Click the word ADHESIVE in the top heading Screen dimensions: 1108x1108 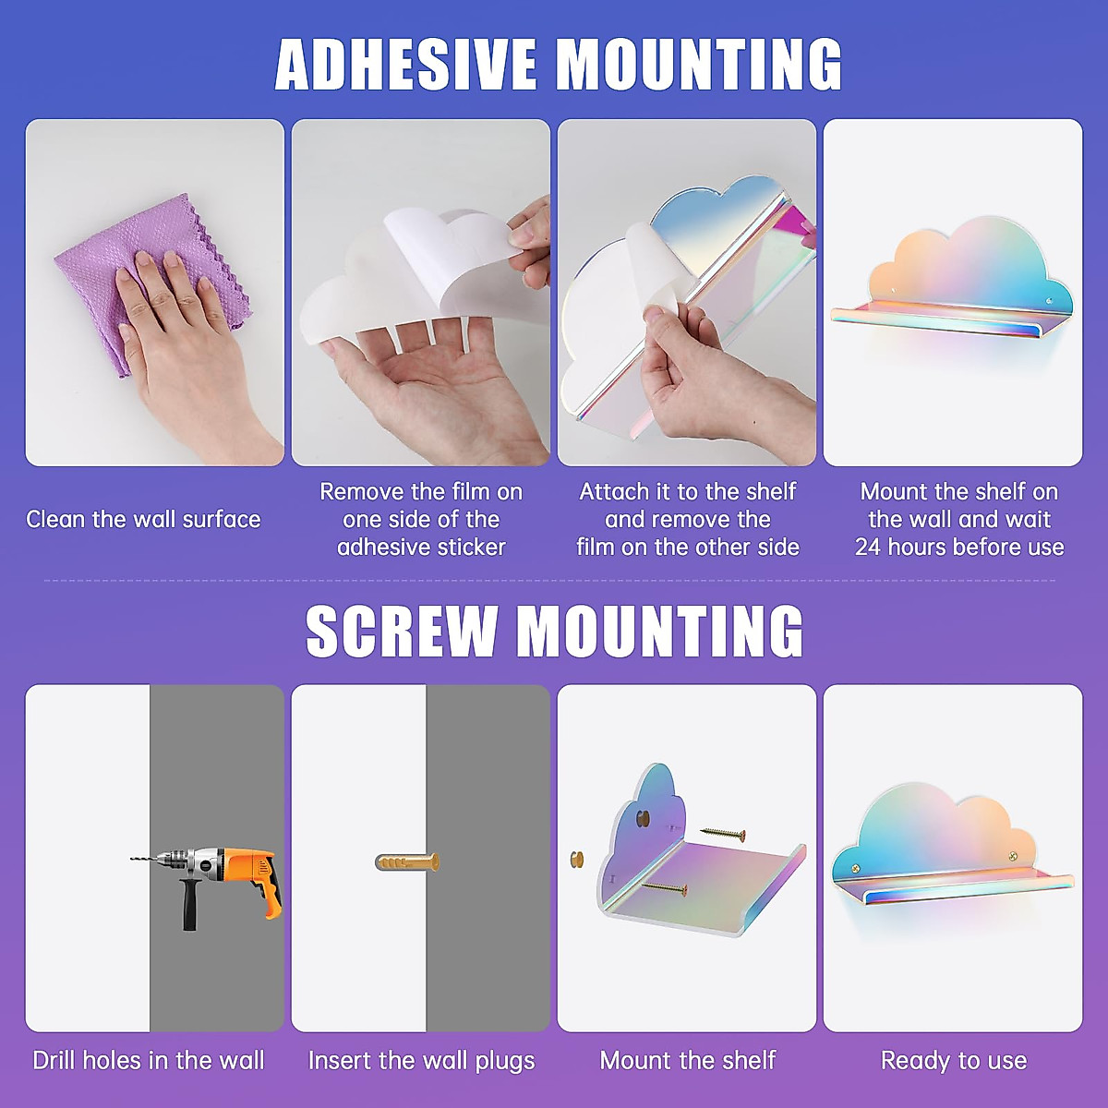click(x=406, y=65)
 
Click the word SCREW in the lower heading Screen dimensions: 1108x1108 click(x=401, y=632)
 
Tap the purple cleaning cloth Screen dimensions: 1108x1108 click(x=148, y=277)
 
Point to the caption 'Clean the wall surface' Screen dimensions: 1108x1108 click(x=143, y=519)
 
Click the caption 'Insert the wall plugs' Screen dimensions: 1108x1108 click(x=421, y=1061)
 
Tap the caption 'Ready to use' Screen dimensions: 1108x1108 click(x=954, y=1061)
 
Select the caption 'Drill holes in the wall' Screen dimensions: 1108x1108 click(x=149, y=1061)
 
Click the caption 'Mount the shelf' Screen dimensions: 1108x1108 click(x=688, y=1061)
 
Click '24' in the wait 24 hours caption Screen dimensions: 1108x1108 click(x=868, y=547)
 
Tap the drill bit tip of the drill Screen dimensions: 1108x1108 click(x=135, y=860)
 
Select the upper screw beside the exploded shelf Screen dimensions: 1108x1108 click(x=723, y=834)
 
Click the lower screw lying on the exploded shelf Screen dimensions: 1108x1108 click(x=665, y=889)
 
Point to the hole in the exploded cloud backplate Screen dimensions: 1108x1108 click(x=644, y=816)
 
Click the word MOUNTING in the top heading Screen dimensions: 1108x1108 click(x=699, y=65)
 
